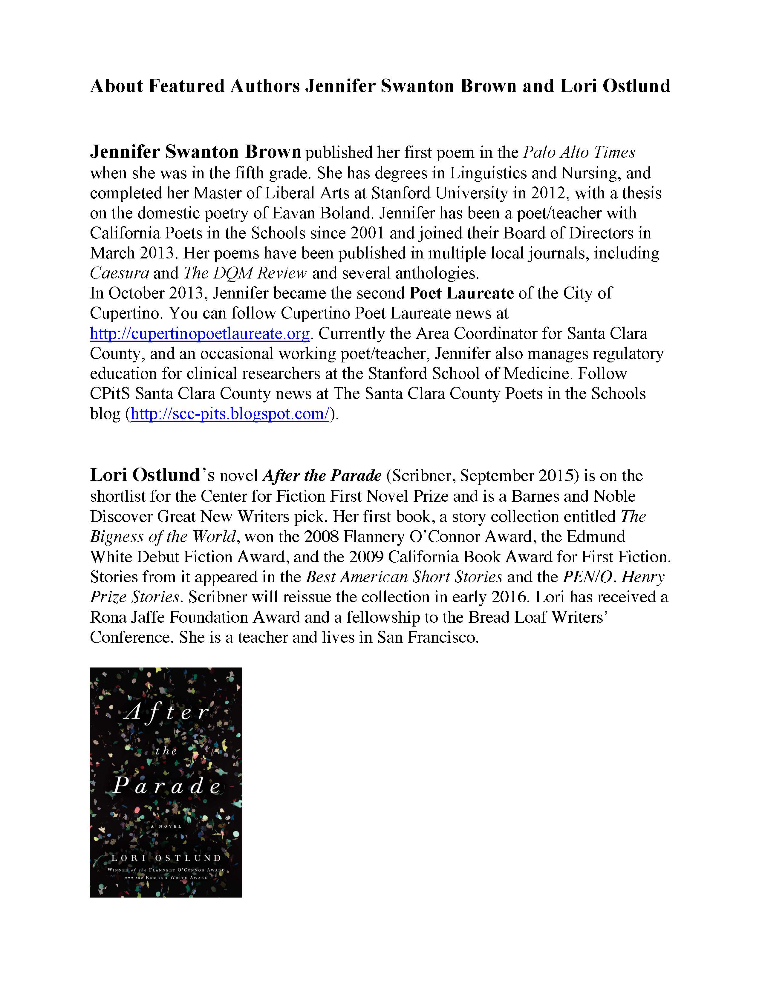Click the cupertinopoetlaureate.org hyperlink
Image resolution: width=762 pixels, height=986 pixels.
pyautogui.click(x=200, y=334)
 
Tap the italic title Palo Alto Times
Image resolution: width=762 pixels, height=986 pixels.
pyautogui.click(x=579, y=153)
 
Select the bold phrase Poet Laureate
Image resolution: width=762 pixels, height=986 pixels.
pyautogui.click(x=461, y=293)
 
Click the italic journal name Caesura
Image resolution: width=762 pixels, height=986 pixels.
pyautogui.click(x=119, y=273)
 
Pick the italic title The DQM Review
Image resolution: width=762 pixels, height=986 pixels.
pyautogui.click(x=245, y=273)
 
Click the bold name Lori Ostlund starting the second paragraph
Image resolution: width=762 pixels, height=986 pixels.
pyautogui.click(x=144, y=475)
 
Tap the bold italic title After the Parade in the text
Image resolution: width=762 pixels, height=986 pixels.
pyautogui.click(x=322, y=476)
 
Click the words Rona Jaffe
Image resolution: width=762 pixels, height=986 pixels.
pyautogui.click(x=131, y=617)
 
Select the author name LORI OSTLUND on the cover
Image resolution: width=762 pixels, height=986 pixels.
pyautogui.click(x=166, y=858)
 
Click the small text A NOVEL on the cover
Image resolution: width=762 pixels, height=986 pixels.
pyautogui.click(x=166, y=826)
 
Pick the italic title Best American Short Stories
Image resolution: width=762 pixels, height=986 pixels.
pyautogui.click(x=404, y=577)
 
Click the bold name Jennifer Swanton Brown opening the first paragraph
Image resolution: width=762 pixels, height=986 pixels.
pyautogui.click(x=195, y=152)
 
